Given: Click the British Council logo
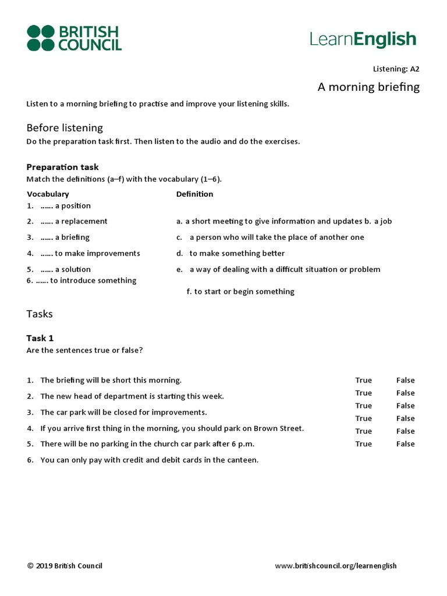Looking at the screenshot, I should pos(74,38).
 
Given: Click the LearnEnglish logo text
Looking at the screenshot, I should pos(363,39).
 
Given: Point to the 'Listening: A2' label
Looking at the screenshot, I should pos(396,69).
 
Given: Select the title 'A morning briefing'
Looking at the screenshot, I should pos(368,87).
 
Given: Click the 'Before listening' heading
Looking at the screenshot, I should pos(65,127).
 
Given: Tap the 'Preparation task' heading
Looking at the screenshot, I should pos(63,167).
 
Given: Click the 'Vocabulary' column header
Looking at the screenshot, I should pos(48,194).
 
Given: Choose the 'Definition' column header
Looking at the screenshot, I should pos(194,194).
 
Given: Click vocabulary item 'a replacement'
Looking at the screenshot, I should pos(81,221).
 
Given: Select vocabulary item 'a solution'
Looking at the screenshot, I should pos(73,269).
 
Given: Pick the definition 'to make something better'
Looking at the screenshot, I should pos(237,253).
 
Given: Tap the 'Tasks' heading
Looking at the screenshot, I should pos(40,314).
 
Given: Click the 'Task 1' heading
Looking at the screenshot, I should pos(40,338).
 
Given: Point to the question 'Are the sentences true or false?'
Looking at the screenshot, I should pos(85,350).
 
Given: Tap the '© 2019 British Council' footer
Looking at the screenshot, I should pos(65,566).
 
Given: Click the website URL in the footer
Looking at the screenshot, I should pos(335,566).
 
